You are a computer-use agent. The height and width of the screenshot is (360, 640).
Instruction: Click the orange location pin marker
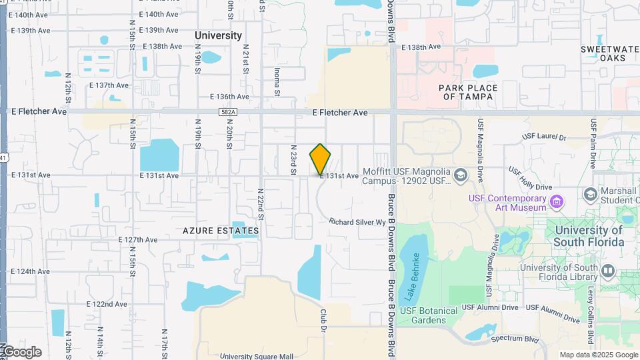pyautogui.click(x=320, y=159)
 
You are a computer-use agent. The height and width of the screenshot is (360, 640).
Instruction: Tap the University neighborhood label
pyautogui.click(x=218, y=35)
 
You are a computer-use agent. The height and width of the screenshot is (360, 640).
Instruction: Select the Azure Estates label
pyautogui.click(x=221, y=231)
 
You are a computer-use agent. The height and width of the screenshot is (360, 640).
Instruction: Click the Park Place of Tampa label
pyautogui.click(x=467, y=92)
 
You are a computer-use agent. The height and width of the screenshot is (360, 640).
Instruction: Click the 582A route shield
pyautogui.click(x=227, y=113)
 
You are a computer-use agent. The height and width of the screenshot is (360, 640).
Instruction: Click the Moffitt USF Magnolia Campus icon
pyautogui.click(x=459, y=175)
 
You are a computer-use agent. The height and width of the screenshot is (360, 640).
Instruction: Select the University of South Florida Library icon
pyautogui.click(x=607, y=271)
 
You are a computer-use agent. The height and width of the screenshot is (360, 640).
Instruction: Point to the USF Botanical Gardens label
pyautogui.click(x=429, y=315)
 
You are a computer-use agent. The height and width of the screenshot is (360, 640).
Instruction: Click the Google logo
pyautogui.click(x=21, y=351)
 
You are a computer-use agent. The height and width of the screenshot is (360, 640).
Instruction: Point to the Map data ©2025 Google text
pyautogui.click(x=597, y=355)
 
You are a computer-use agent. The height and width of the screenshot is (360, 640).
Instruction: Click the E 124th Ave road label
pyautogui.click(x=29, y=272)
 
